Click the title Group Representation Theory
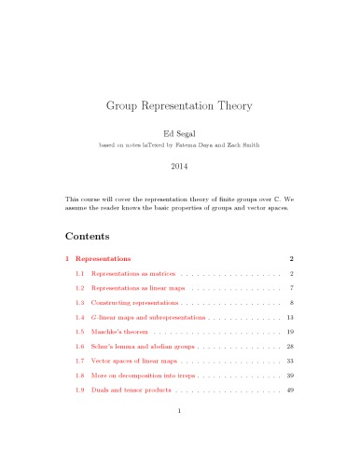pos(180,106)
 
